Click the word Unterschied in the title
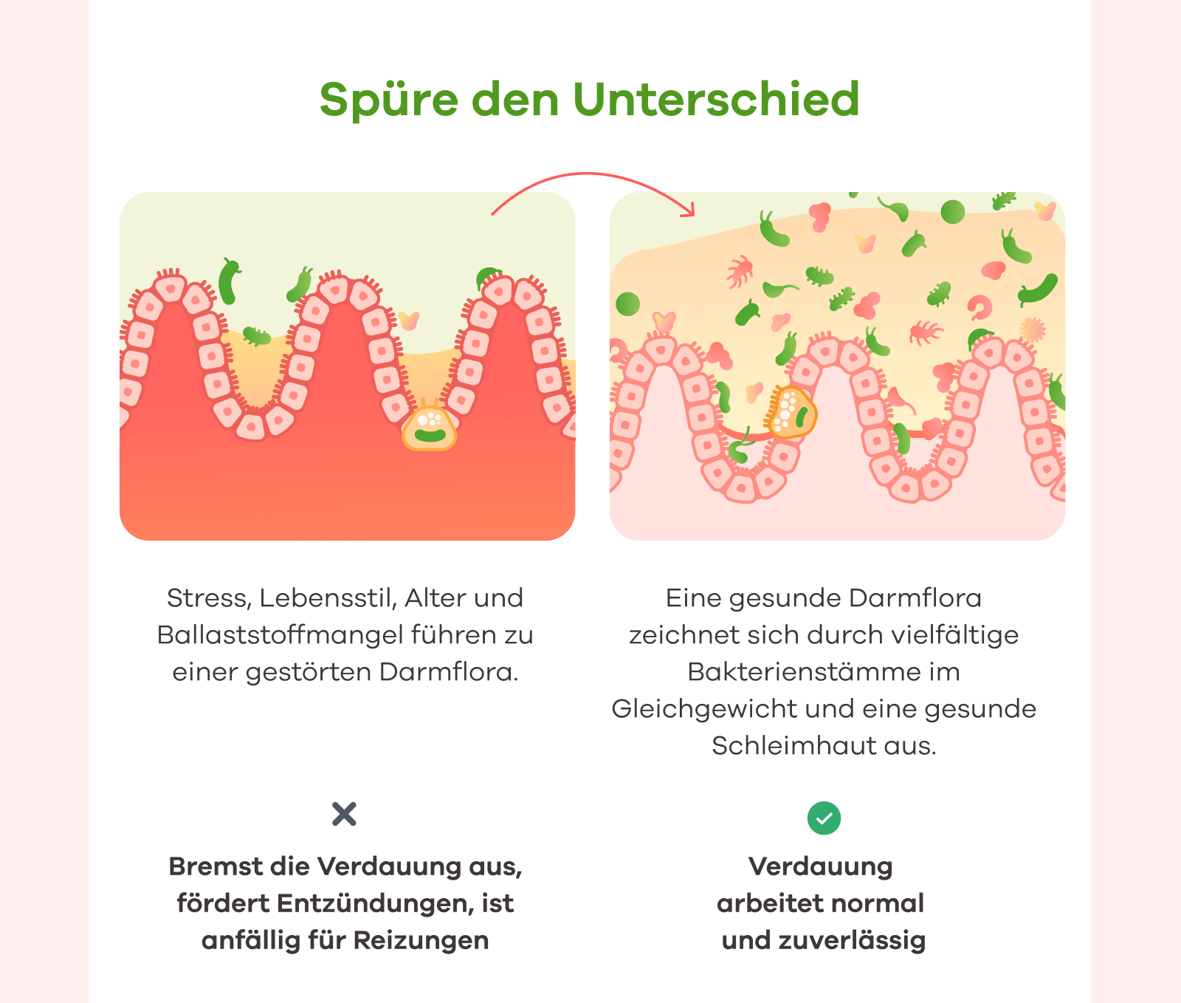(716, 99)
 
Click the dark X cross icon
(344, 814)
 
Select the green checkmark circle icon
(824, 818)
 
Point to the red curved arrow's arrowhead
(689, 210)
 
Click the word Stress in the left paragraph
(208, 598)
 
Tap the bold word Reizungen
(421, 941)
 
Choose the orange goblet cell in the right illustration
(791, 412)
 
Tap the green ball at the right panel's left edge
(628, 304)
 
